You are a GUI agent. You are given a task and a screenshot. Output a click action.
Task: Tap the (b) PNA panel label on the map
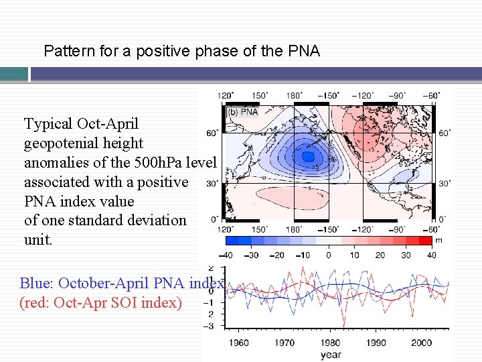coord(243,112)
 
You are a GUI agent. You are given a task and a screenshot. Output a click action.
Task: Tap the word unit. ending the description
coord(37,240)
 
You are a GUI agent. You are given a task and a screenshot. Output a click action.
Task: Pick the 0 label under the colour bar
coord(328,255)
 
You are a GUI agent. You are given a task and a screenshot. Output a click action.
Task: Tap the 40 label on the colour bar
coord(431,255)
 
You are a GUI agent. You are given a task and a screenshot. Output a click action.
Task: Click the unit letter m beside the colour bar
coord(439,240)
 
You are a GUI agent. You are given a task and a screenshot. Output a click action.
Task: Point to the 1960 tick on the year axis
coord(238,343)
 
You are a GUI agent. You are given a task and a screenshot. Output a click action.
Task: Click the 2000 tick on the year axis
coord(421,343)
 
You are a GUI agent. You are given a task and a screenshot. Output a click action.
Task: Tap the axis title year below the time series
coord(330,355)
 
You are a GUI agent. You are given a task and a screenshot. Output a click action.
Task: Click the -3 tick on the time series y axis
coord(210,326)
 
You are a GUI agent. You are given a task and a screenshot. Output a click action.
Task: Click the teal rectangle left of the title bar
coord(14,74)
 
